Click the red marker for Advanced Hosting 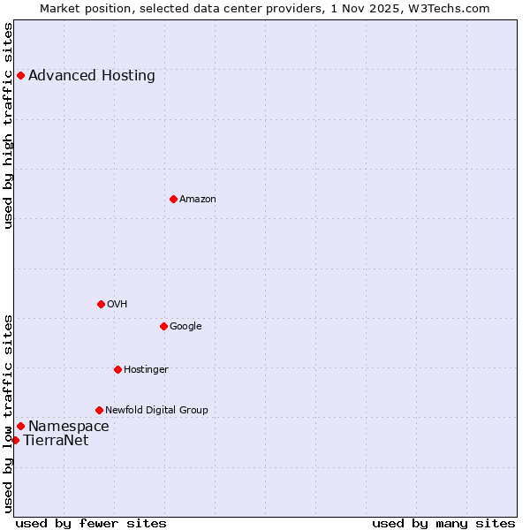coord(20,75)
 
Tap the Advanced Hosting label coord(92,75)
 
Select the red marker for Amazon coord(173,199)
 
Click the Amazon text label coord(198,200)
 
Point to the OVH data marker coord(101,304)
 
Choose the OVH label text coord(117,305)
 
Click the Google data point coord(163,326)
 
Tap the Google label coord(185,327)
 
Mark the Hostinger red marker coord(117,369)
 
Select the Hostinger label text coord(146,370)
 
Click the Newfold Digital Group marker coord(99,410)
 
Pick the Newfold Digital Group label coord(156,411)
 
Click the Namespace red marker coord(20,426)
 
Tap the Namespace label coord(69,427)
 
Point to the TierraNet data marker coord(15,440)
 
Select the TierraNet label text coord(56,441)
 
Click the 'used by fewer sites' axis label coord(91,523)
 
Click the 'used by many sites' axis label coord(443,523)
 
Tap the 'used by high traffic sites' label coord(9,125)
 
